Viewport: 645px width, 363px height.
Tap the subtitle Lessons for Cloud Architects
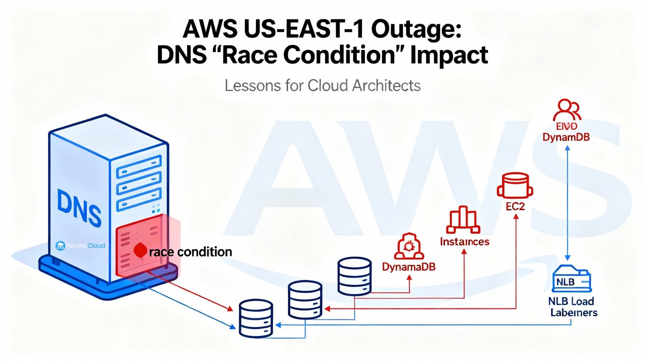[322, 86]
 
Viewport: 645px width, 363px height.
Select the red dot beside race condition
[140, 250]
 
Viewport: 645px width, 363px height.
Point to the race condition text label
[190, 252]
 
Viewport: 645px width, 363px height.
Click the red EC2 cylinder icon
[515, 186]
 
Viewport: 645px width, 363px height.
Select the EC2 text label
[515, 207]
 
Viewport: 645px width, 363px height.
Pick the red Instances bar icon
[464, 220]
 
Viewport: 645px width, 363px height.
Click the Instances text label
[464, 242]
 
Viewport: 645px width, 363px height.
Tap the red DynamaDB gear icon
[409, 246]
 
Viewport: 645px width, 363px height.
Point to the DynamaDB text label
[409, 267]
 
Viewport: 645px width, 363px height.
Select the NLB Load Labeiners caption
[573, 307]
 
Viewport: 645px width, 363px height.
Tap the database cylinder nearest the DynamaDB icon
[354, 276]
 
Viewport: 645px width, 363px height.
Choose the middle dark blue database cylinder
[305, 300]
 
